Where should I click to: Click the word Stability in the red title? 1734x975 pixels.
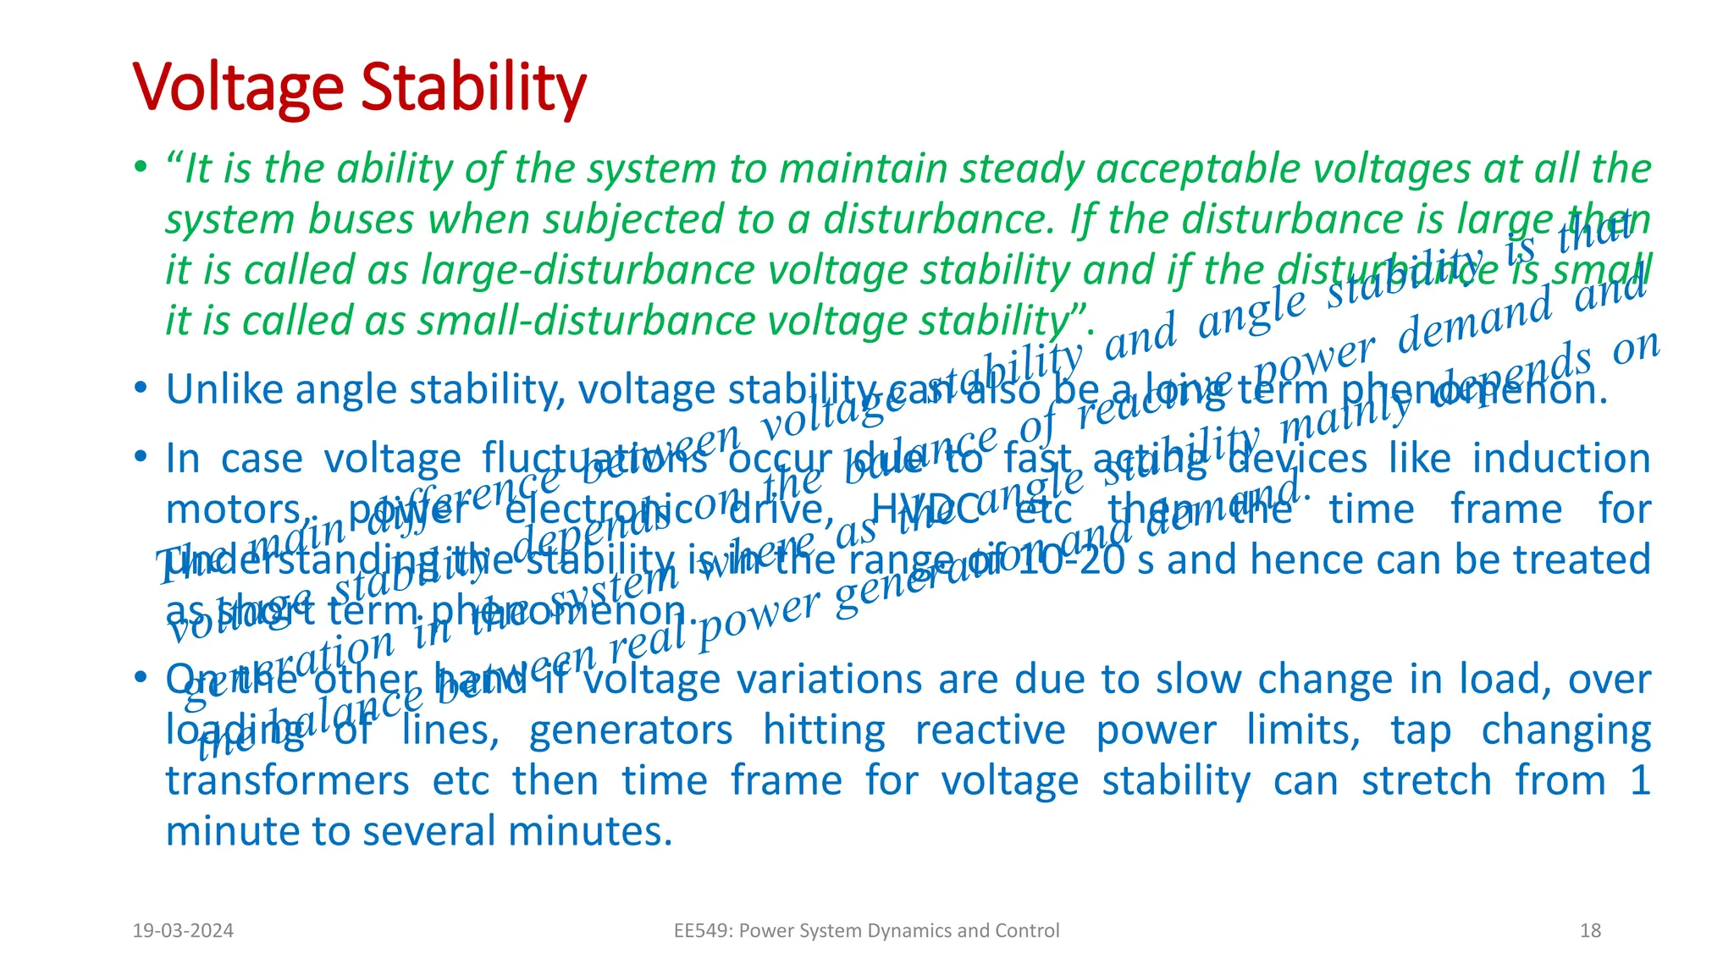[473, 88]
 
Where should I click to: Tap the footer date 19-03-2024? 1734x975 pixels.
[183, 931]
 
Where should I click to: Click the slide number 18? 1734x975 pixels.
[1590, 931]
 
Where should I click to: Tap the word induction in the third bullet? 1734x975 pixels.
[1560, 459]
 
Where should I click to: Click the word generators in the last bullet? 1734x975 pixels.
[631, 730]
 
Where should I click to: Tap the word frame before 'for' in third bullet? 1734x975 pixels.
[1506, 510]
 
